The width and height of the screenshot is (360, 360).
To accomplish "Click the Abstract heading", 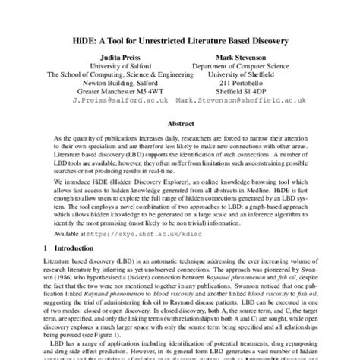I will [x=179, y=143].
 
